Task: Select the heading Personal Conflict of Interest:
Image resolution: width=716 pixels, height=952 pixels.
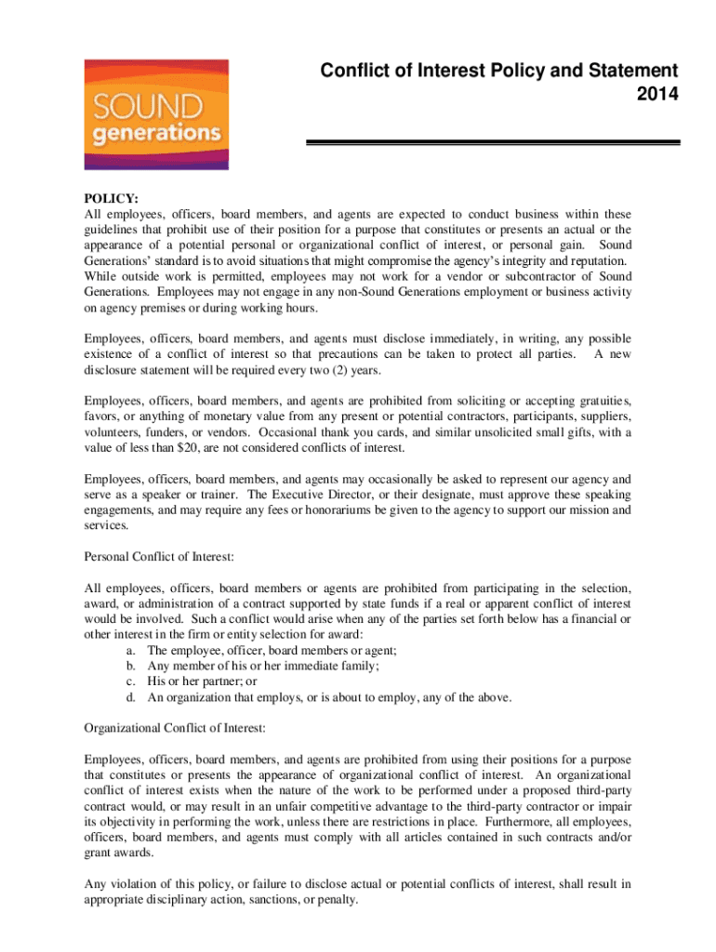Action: (158, 556)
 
